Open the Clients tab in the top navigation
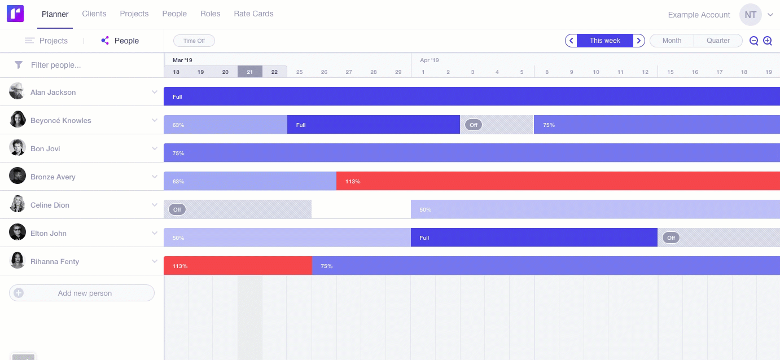(x=94, y=14)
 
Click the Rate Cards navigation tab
(x=253, y=14)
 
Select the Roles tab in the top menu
(x=210, y=14)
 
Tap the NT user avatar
(x=750, y=15)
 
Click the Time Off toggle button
(x=194, y=41)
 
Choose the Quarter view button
(x=718, y=41)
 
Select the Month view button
(x=672, y=41)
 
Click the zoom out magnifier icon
(x=753, y=41)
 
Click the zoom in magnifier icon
(x=768, y=41)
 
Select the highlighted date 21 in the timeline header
(x=249, y=72)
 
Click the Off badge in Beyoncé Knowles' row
(x=474, y=125)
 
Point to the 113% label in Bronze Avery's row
(x=353, y=181)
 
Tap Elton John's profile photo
(x=17, y=232)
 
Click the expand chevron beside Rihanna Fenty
(x=155, y=261)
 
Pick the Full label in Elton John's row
(x=424, y=238)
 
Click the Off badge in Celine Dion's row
(x=177, y=209)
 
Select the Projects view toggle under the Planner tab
(x=47, y=41)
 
